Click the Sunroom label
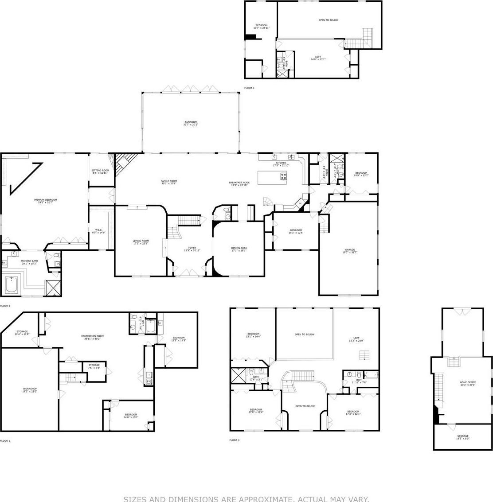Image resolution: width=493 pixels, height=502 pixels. click(x=191, y=123)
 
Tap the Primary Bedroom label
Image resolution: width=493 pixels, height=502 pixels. click(x=45, y=201)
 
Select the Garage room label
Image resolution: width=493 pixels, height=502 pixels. click(x=350, y=251)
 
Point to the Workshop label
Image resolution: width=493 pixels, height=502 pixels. click(x=30, y=390)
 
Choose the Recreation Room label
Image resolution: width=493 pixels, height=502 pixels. click(x=92, y=337)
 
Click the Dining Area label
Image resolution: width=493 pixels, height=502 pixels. click(x=239, y=249)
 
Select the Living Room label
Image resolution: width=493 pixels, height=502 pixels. click(x=141, y=242)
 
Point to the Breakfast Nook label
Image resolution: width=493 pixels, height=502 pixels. click(x=239, y=184)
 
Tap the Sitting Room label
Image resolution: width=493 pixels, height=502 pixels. click(x=100, y=171)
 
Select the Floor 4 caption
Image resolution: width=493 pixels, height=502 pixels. click(x=249, y=88)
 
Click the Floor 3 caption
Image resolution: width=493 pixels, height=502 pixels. click(x=234, y=440)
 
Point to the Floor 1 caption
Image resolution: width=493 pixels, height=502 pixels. click(x=5, y=441)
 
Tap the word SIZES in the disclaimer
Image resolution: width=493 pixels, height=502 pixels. click(x=135, y=499)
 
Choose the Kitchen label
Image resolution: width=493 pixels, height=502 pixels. click(x=281, y=164)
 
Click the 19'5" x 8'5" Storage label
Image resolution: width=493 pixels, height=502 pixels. click(x=462, y=437)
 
